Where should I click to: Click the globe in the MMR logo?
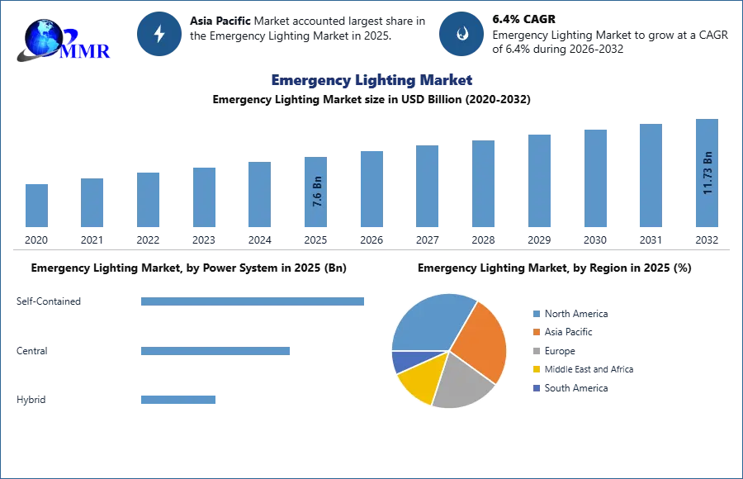click(41, 37)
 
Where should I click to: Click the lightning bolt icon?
click(160, 34)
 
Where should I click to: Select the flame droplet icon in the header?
click(461, 34)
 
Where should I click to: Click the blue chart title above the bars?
click(372, 80)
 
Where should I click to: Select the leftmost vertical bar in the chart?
click(36, 205)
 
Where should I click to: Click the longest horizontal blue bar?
click(253, 303)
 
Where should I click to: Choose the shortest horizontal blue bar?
click(177, 400)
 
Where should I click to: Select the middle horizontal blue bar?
click(215, 350)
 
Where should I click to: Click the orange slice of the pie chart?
click(479, 339)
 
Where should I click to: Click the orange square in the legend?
click(536, 332)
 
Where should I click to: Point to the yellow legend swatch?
click(536, 370)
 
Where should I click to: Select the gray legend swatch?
click(536, 351)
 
